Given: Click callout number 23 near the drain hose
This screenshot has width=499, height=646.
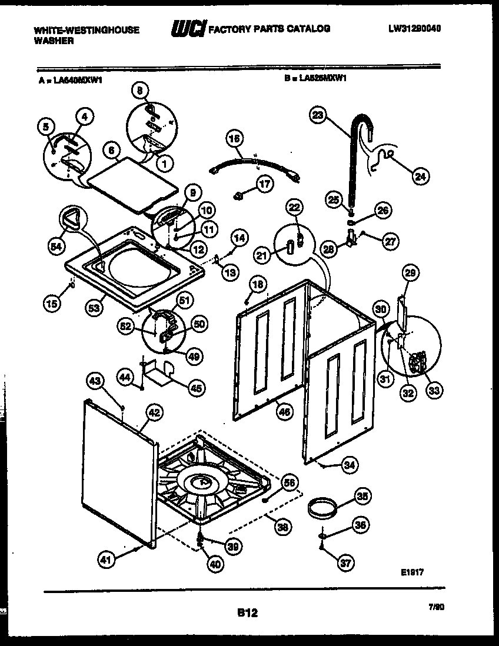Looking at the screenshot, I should (318, 116).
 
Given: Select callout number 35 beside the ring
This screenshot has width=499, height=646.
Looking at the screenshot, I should (363, 497).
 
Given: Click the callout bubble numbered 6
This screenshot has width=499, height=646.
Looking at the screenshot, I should (109, 151).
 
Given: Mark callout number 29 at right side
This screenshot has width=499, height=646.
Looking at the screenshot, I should (410, 272).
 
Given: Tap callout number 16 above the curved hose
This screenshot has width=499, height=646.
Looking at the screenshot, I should (234, 139).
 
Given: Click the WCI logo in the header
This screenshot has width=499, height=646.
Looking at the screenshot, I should (187, 28).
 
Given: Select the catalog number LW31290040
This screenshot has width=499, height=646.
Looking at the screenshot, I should (415, 28).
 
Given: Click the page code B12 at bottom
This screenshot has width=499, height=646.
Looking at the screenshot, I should (248, 612).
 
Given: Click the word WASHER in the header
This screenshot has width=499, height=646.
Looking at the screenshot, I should (54, 41).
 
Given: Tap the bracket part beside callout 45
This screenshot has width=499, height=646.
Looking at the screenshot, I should (157, 374).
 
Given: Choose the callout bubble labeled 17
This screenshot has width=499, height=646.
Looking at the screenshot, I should (265, 184).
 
